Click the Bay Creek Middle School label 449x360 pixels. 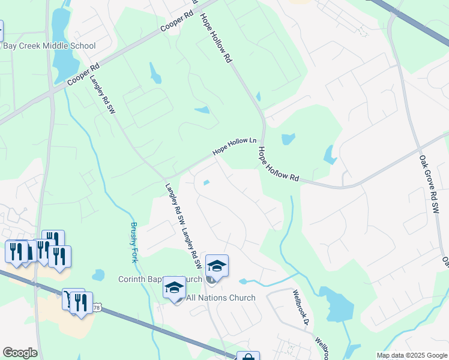coord(49,46)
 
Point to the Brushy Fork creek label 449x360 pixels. coord(134,242)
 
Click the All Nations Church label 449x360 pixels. coord(221,298)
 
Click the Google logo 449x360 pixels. coord(20,353)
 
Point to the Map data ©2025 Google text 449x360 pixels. coord(411,355)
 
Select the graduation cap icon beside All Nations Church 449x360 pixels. coord(174,288)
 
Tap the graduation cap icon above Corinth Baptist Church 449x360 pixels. coord(217,265)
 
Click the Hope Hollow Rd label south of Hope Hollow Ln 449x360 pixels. coord(278,163)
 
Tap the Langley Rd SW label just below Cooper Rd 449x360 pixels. coord(102,94)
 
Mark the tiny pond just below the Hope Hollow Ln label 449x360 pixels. coord(206,183)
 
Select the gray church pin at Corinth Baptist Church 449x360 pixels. coord(211,279)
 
